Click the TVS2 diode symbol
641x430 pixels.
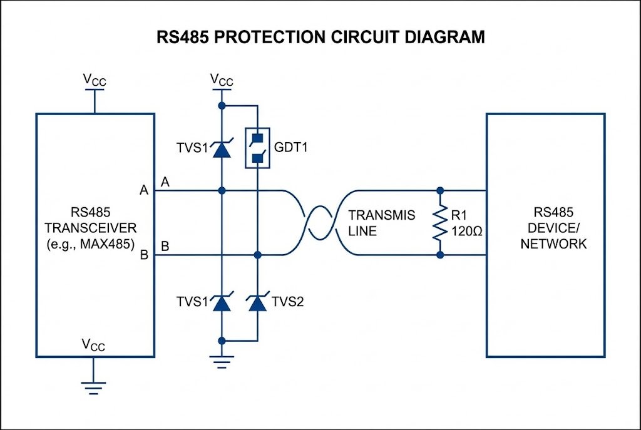click(257, 304)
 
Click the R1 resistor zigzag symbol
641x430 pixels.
click(440, 222)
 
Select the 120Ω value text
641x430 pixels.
click(466, 230)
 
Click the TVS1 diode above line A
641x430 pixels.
click(220, 149)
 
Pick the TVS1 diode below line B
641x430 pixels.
click(220, 304)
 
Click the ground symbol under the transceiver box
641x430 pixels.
click(94, 386)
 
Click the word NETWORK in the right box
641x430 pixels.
click(545, 243)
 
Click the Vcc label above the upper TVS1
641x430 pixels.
click(221, 79)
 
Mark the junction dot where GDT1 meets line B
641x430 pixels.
click(257, 255)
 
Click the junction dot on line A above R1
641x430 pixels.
click(440, 190)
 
